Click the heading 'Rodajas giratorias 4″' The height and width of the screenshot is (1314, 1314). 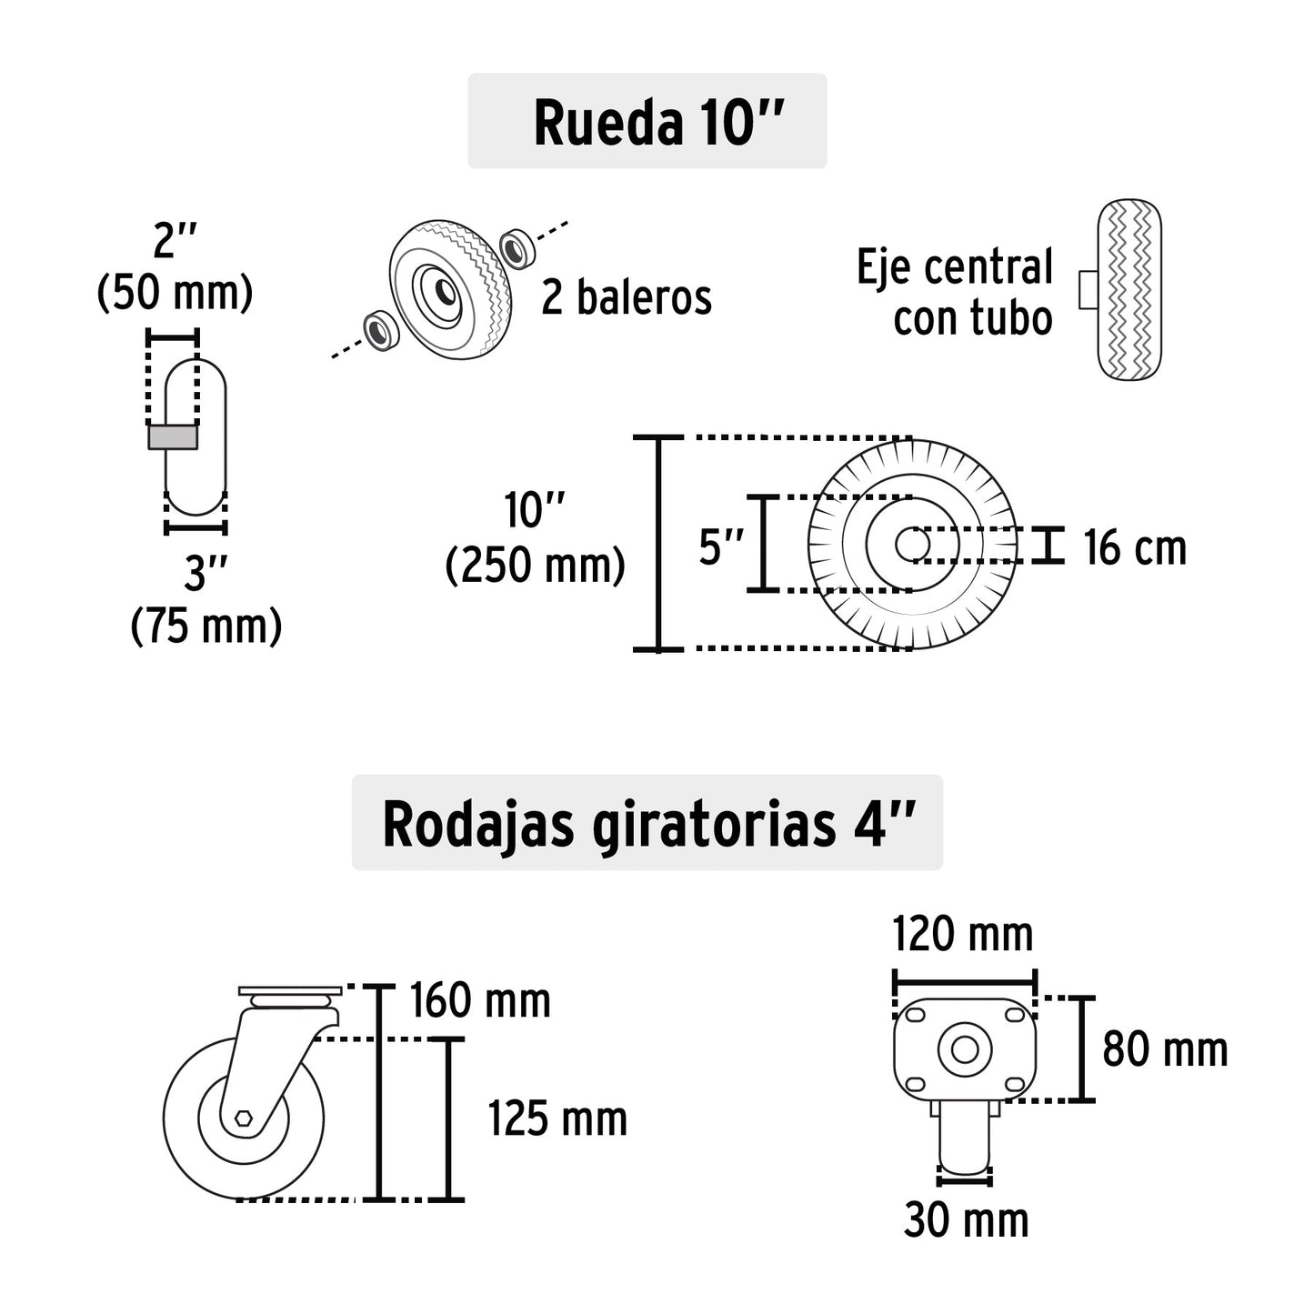647,824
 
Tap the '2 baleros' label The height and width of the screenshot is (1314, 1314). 627,297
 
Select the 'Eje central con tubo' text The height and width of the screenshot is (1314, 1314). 955,292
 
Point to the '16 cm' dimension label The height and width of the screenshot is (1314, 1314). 1135,548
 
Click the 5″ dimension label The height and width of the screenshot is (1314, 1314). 721,547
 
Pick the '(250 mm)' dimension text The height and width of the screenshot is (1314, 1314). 536,566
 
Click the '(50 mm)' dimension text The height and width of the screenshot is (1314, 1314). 175,293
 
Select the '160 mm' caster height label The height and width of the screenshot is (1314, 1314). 480,1001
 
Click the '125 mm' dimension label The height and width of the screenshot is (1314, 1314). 557,1118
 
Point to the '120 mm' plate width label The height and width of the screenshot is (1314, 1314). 963,934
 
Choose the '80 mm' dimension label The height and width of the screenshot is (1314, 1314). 1165,1049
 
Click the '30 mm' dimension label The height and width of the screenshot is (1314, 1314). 966,1220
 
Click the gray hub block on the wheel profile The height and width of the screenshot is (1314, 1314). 172,437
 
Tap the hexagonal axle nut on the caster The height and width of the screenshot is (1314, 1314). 244,1118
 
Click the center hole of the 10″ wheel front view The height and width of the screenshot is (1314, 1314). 911,545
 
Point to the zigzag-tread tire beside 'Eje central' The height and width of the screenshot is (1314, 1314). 1128,290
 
